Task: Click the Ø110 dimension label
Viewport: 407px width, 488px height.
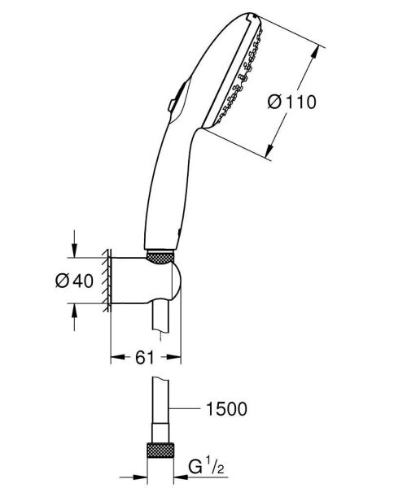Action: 291,102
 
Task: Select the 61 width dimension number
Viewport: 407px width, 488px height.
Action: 144,356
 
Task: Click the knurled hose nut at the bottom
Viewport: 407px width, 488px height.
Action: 160,451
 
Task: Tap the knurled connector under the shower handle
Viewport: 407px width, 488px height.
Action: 162,257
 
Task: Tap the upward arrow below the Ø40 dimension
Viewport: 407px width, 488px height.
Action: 74,310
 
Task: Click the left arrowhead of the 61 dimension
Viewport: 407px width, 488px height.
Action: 115,356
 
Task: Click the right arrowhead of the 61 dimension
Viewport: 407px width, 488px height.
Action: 177,356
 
